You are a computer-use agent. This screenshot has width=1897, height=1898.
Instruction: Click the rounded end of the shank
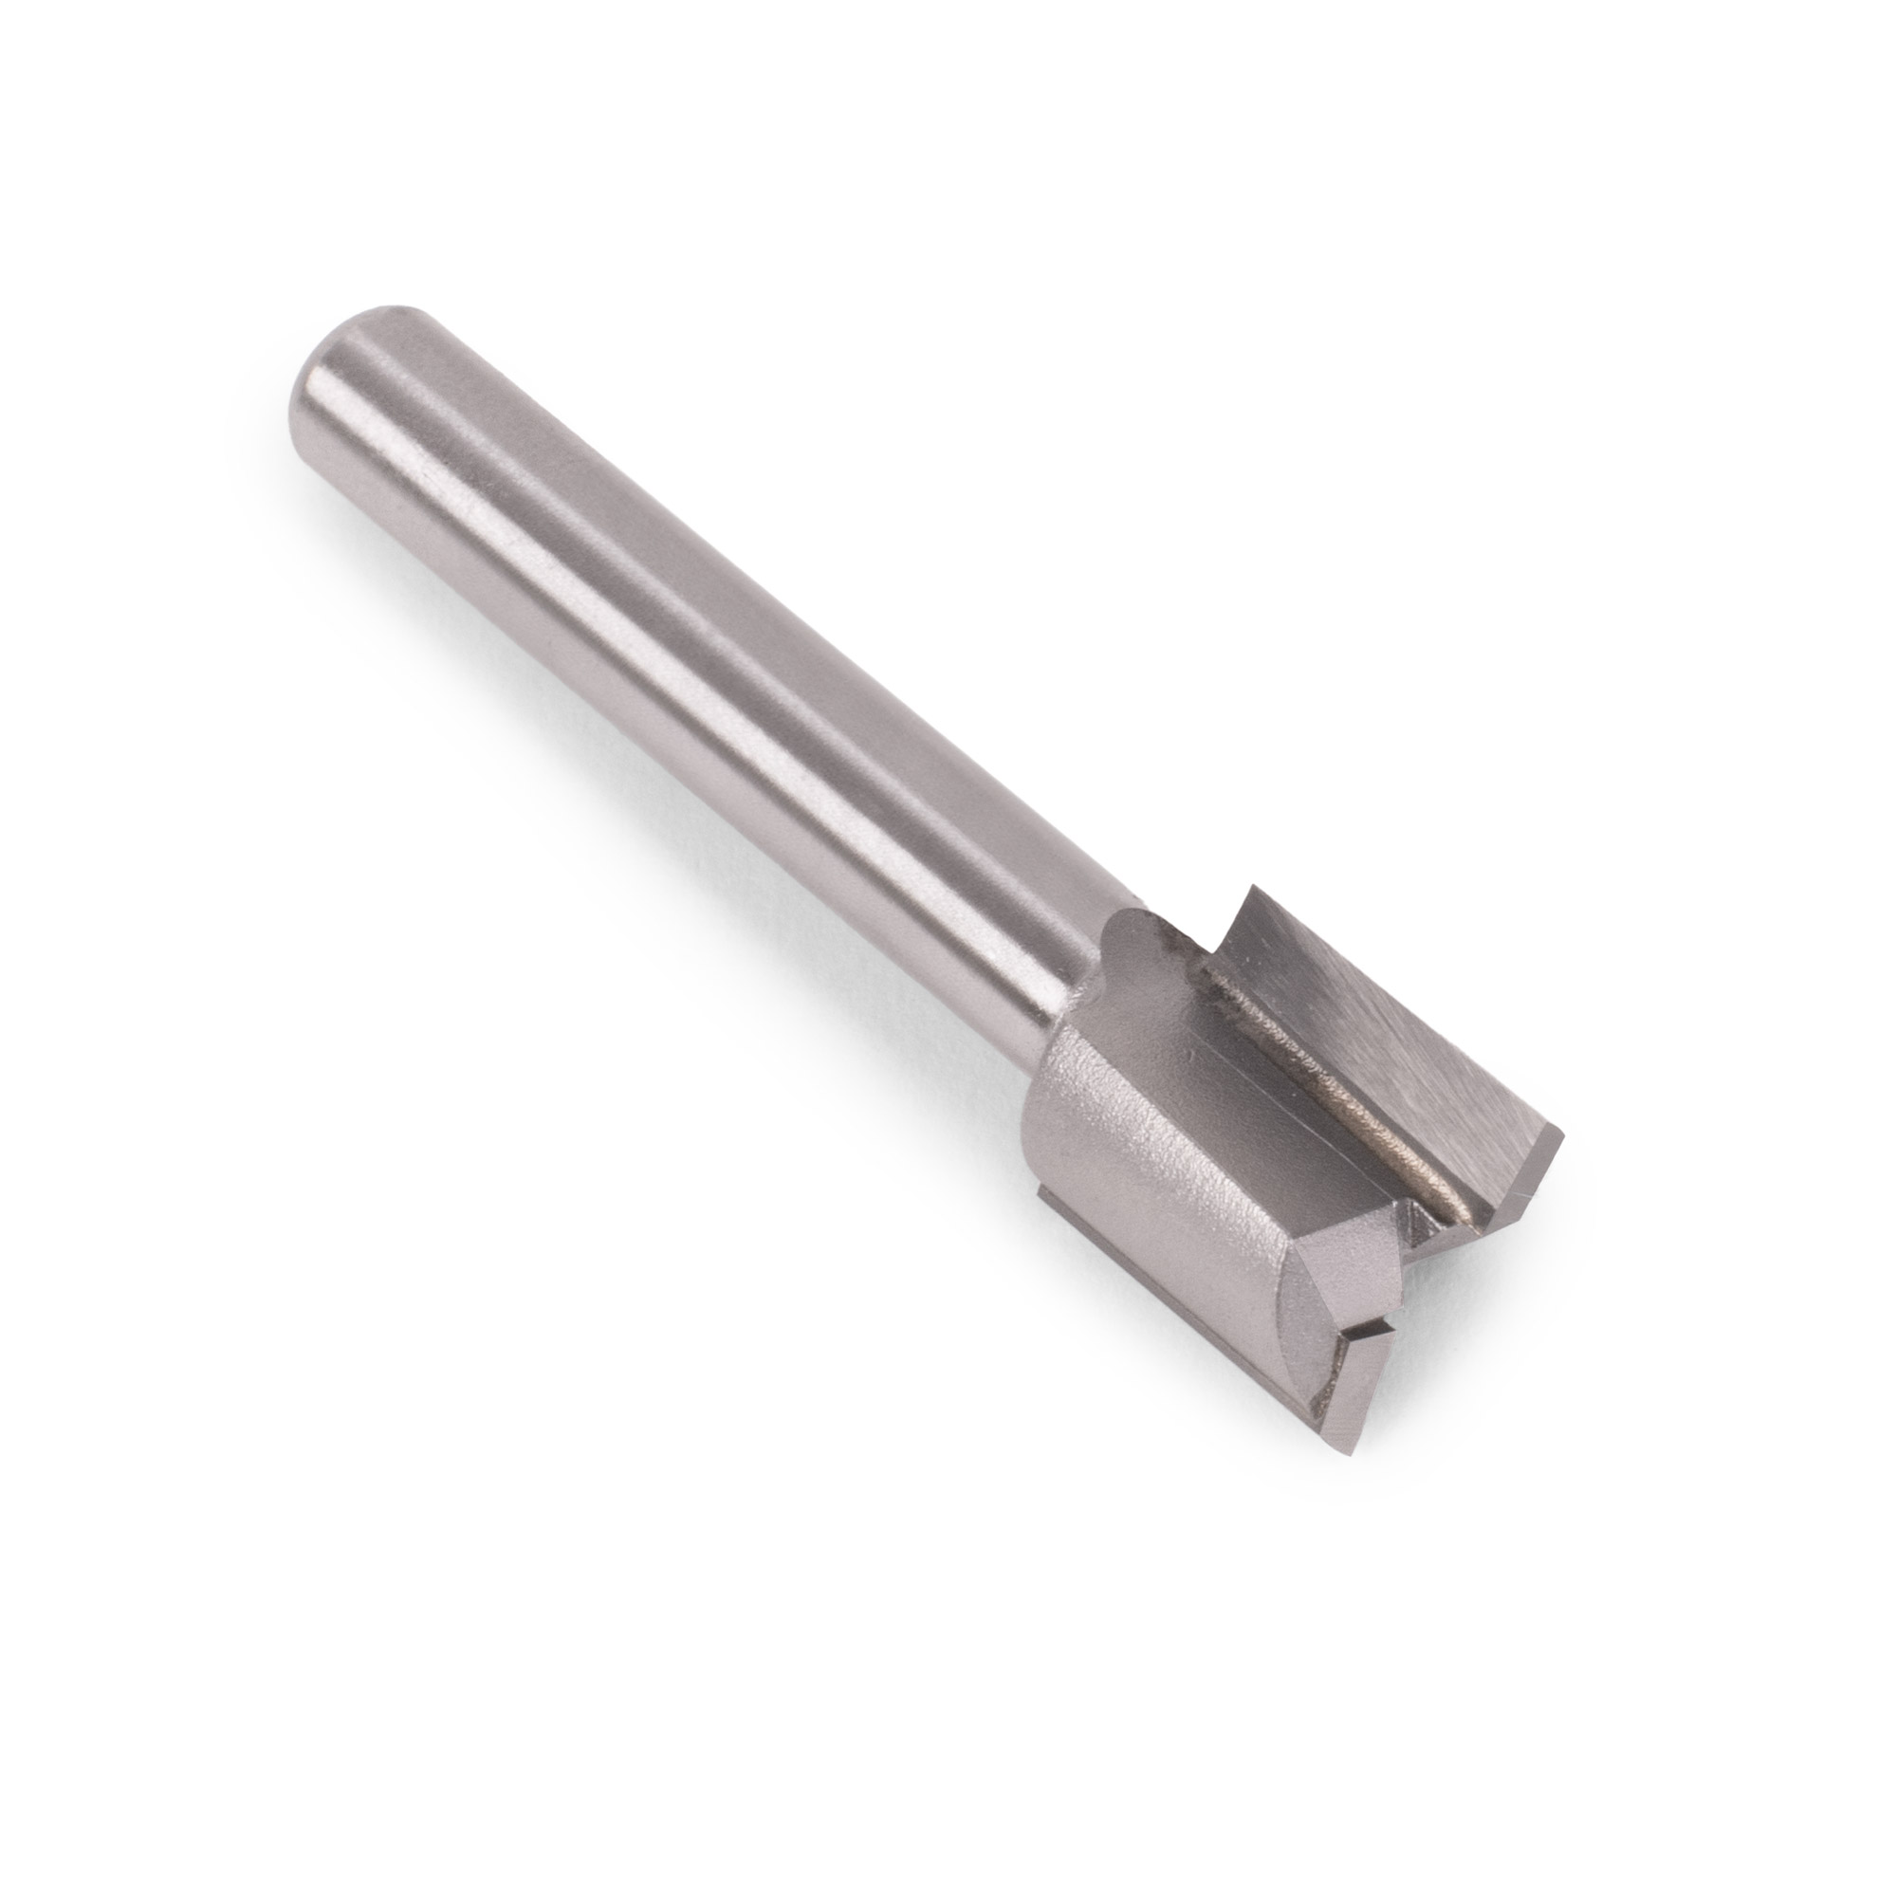click(329, 363)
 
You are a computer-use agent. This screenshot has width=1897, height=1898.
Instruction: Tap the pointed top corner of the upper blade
click(1249, 889)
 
